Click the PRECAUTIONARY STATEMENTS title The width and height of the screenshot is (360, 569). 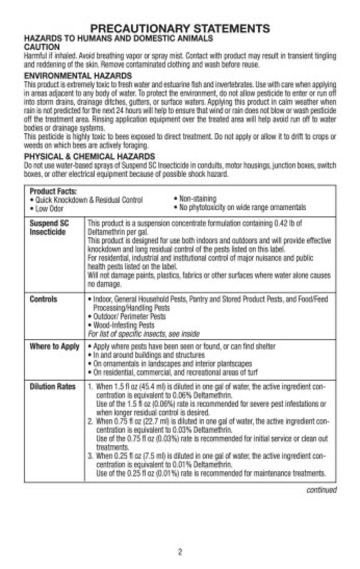[x=180, y=28]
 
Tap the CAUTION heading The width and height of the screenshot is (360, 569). [x=42, y=47]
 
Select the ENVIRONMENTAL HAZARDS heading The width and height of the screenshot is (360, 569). [x=77, y=76]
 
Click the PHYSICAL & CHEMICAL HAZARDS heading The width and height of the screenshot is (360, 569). [x=89, y=157]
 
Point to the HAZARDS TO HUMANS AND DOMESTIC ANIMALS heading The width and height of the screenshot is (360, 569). [x=118, y=38]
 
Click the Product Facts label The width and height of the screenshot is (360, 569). [x=53, y=191]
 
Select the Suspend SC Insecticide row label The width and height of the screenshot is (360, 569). [x=49, y=227]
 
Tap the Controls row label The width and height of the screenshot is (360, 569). [x=44, y=299]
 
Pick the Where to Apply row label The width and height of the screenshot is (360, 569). [x=54, y=347]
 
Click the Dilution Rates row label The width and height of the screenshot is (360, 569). [x=53, y=387]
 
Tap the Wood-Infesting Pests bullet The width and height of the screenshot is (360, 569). [x=123, y=325]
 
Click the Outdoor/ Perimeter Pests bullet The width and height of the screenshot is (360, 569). [x=129, y=317]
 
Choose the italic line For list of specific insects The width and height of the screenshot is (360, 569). [x=143, y=334]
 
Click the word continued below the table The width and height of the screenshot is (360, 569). [x=321, y=490]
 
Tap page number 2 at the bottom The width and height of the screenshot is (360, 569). [x=180, y=552]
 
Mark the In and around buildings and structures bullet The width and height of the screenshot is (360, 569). [x=148, y=355]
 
